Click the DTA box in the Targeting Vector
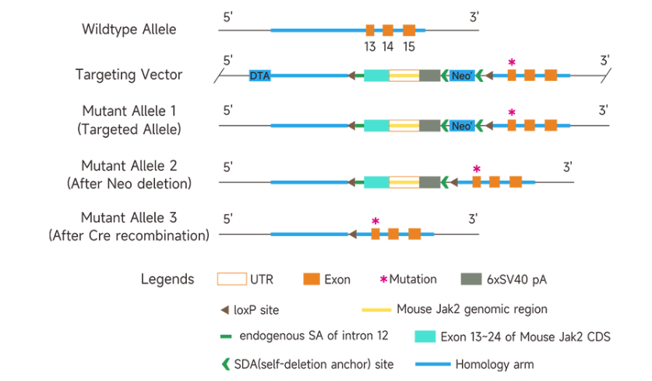pos(259,76)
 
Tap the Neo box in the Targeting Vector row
pos(461,76)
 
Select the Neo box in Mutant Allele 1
pos(461,125)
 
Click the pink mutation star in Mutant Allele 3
pos(375,222)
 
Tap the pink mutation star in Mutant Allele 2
pos(477,169)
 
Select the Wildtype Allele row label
pos(129,30)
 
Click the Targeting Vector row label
pos(129,75)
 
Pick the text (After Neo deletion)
pos(129,184)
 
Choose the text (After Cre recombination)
pos(129,235)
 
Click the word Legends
pos(167,279)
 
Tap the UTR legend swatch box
pos(231,279)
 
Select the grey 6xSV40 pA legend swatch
pos(472,279)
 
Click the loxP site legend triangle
pos(224,309)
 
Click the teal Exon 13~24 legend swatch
pos(425,337)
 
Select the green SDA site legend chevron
pos(225,364)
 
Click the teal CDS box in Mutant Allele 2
pos(377,182)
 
